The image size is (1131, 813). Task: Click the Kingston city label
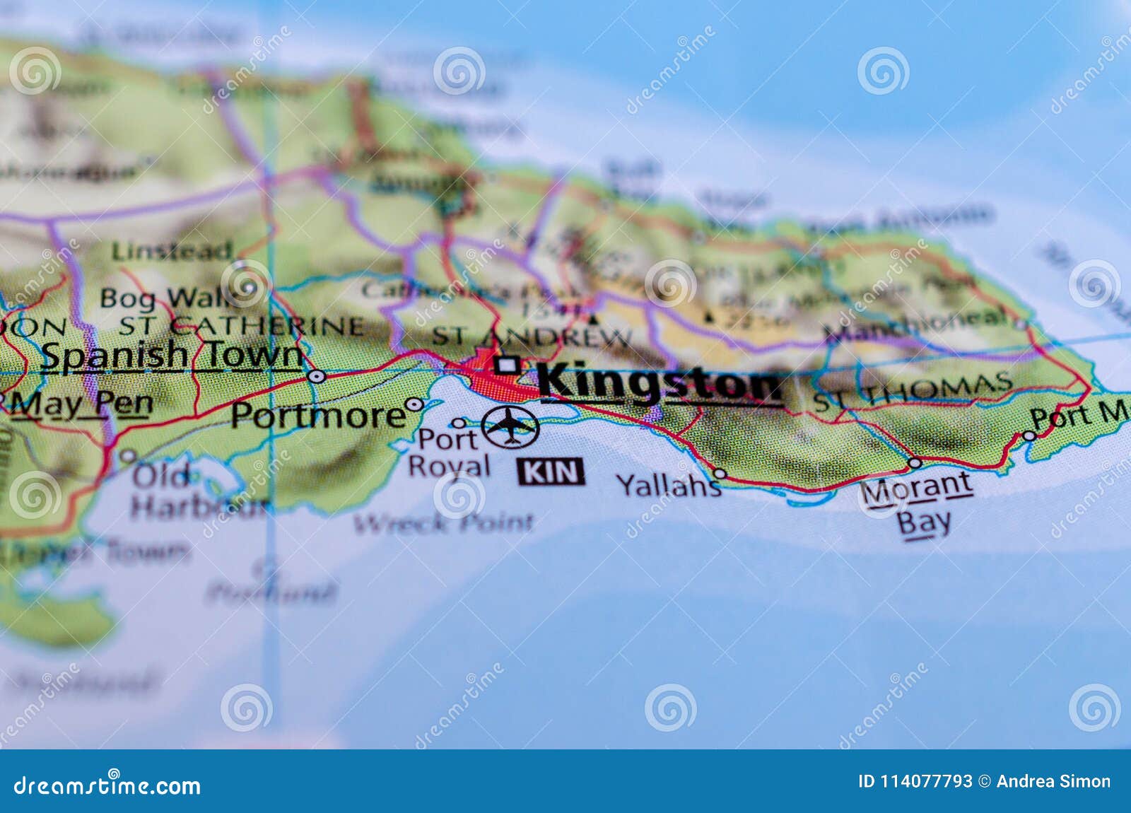click(x=661, y=384)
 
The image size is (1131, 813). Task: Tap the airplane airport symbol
click(x=510, y=426)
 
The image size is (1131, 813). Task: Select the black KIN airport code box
click(x=551, y=472)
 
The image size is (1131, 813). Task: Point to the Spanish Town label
click(x=172, y=356)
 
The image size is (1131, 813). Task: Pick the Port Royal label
click(x=449, y=452)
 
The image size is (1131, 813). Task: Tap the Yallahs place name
click(x=668, y=485)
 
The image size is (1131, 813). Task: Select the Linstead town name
click(x=172, y=250)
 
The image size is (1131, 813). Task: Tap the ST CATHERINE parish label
click(x=240, y=326)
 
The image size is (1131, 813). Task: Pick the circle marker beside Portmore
click(x=415, y=405)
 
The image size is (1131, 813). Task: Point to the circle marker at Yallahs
click(x=720, y=473)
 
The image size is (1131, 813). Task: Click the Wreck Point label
click(x=444, y=523)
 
